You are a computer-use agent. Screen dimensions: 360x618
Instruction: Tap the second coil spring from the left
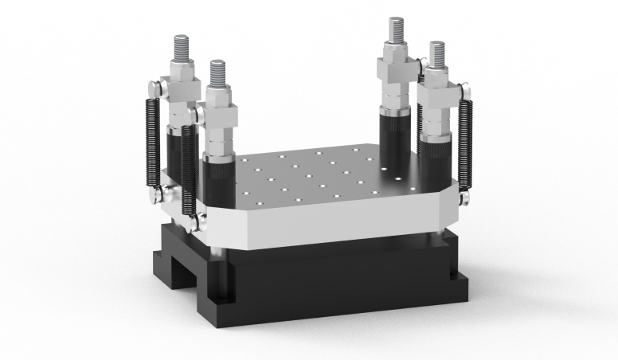(x=188, y=171)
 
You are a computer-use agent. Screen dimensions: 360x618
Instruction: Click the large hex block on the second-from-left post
(x=217, y=105)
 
